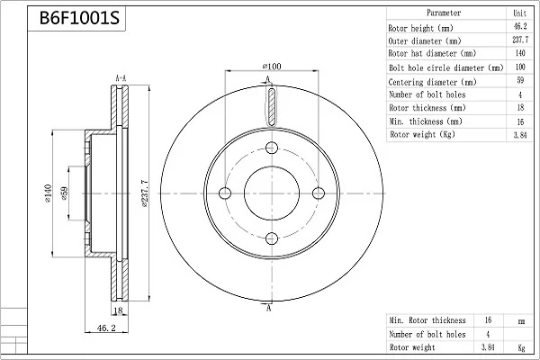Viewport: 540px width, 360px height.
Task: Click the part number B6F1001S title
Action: point(79,18)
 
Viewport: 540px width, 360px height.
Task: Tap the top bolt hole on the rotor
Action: point(272,148)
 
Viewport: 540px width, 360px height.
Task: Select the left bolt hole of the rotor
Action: point(225,193)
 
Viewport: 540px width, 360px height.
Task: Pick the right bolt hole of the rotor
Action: point(319,193)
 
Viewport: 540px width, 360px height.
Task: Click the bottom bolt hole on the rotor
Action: point(272,238)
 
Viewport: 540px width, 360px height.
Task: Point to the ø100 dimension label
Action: point(272,66)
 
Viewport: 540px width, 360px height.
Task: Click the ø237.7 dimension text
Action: point(144,193)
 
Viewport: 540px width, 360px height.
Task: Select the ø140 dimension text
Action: point(48,193)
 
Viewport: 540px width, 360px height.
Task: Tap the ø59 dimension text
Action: point(64,193)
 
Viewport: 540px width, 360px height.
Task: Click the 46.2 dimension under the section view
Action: point(106,328)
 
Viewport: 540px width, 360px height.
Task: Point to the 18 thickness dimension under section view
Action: point(118,310)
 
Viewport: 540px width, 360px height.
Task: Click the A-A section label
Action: point(121,78)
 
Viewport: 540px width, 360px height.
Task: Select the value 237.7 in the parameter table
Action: point(520,40)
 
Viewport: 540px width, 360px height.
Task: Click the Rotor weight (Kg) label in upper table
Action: point(422,134)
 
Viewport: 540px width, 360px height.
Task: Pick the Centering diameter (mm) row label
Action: point(432,82)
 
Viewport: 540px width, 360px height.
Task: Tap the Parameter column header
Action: point(444,13)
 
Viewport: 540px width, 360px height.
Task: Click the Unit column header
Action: point(519,13)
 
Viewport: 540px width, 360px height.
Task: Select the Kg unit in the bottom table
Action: point(521,348)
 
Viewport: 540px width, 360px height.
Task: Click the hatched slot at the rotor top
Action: point(272,106)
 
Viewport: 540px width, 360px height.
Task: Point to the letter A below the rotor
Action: point(268,308)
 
